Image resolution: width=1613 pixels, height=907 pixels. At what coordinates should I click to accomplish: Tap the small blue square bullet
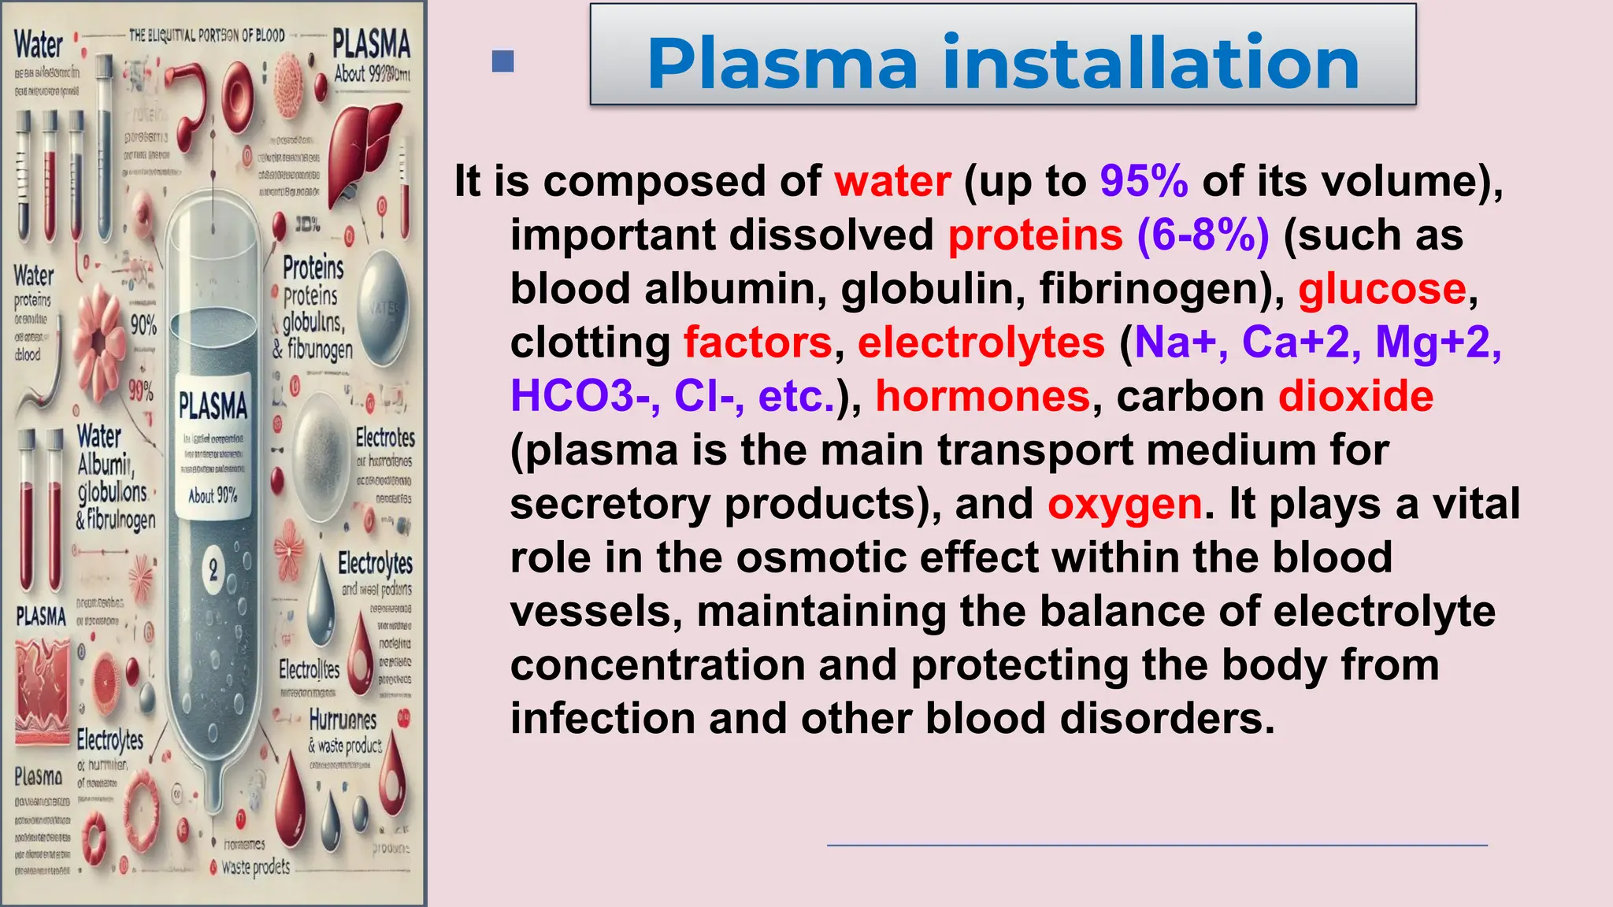[x=502, y=61]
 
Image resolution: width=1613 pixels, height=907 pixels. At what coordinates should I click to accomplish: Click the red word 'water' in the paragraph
[x=892, y=181]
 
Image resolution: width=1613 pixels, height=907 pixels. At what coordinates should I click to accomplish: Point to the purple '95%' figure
[x=1144, y=181]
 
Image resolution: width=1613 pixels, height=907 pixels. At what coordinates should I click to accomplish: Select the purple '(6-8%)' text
[x=1203, y=235]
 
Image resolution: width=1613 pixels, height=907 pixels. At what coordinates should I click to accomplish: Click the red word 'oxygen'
[x=1125, y=503]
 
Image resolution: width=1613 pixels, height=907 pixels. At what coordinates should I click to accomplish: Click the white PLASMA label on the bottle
[x=213, y=406]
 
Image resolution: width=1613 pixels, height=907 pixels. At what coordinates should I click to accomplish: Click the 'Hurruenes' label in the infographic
[x=343, y=720]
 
